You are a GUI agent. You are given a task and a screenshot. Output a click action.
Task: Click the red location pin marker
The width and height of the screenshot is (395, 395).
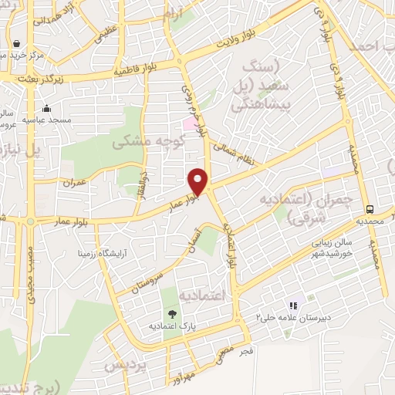(200, 181)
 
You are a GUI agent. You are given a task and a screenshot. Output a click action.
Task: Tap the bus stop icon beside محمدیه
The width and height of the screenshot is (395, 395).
(371, 208)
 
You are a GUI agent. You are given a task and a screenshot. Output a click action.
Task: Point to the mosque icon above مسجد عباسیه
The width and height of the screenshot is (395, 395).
(48, 109)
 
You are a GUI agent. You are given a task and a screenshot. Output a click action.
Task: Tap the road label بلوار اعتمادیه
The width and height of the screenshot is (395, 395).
(230, 239)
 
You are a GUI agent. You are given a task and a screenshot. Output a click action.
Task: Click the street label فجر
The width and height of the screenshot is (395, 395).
(247, 352)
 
